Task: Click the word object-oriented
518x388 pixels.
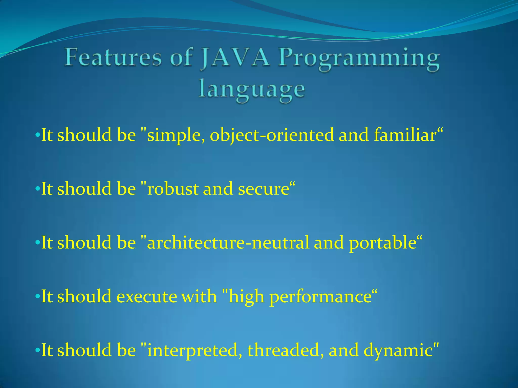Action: point(272,135)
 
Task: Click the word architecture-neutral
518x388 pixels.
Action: point(228,243)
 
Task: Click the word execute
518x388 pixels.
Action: point(146,296)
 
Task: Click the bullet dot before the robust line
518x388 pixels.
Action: point(37,189)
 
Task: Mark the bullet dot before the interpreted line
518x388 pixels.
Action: point(37,350)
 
